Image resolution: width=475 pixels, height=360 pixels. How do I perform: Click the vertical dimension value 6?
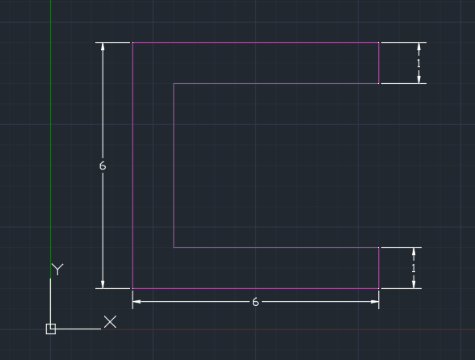click(103, 165)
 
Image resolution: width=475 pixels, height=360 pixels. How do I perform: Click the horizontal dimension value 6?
click(255, 302)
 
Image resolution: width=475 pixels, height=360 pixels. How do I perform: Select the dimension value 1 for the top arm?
click(419, 63)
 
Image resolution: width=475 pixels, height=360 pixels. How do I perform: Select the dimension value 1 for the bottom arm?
click(414, 268)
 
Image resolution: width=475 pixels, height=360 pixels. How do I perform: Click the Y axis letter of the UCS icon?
click(57, 269)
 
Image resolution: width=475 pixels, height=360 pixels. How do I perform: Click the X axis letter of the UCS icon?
click(110, 322)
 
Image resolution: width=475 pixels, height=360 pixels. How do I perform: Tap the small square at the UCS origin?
click(51, 329)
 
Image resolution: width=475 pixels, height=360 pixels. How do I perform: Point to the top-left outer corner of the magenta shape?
click(132, 43)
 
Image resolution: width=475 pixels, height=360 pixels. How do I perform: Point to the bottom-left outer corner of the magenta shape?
click(132, 288)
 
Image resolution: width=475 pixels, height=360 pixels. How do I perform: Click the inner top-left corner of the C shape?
click(174, 84)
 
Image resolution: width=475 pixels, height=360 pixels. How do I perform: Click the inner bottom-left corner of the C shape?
click(174, 247)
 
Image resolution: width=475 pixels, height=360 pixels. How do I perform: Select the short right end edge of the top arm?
click(379, 63)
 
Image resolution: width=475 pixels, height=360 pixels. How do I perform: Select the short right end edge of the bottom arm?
click(379, 268)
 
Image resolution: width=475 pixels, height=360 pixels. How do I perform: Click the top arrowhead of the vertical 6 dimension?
click(103, 46)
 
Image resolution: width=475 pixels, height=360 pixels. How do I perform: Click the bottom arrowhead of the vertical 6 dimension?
click(103, 285)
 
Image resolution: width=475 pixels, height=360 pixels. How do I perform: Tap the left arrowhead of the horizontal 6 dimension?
click(137, 302)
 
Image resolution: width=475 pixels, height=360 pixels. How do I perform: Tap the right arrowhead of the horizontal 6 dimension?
click(375, 302)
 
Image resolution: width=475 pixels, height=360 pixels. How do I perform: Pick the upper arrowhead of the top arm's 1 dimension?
click(419, 46)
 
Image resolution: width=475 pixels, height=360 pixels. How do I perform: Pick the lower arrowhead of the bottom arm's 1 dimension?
click(414, 285)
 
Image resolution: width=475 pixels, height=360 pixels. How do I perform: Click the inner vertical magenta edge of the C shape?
click(174, 165)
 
